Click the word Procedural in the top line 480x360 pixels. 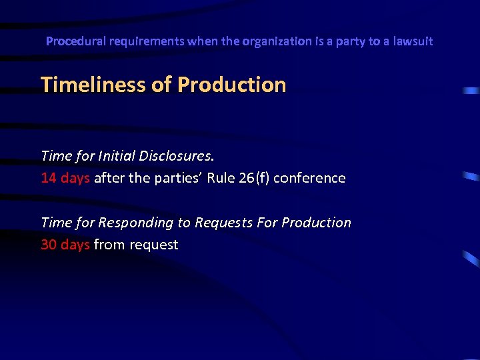click(x=71, y=41)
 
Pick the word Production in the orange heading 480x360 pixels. click(x=232, y=85)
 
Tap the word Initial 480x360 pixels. click(x=117, y=156)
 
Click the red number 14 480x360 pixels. click(x=49, y=178)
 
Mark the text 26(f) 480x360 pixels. click(x=256, y=178)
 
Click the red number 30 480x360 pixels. click(x=49, y=245)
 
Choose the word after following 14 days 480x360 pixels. click(x=108, y=178)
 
